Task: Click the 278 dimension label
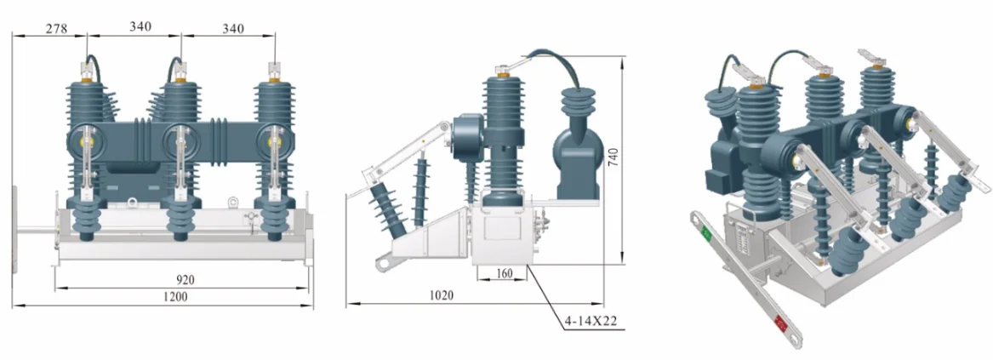point(57,28)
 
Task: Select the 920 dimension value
point(185,279)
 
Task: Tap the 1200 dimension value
point(175,297)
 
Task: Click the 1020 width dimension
point(442,295)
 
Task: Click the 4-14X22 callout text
point(591,322)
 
